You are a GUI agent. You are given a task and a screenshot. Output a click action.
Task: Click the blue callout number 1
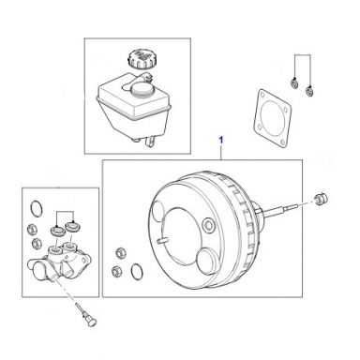(x=221, y=141)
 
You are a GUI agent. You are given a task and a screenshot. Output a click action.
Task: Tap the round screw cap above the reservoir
(x=141, y=58)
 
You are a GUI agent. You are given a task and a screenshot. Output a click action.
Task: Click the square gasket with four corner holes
(x=271, y=119)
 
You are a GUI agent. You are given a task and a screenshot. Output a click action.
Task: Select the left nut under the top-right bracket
(x=293, y=83)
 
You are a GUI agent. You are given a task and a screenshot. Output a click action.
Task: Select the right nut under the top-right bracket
(x=309, y=92)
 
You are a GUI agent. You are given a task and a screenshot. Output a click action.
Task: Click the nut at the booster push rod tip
(x=320, y=199)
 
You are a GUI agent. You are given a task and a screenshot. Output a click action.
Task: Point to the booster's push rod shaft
(x=281, y=209)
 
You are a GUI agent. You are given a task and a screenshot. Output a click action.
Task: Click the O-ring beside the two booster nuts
(x=137, y=270)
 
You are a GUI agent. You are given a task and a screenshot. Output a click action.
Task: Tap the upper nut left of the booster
(x=119, y=252)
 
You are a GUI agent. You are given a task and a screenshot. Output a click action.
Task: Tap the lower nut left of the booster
(x=117, y=270)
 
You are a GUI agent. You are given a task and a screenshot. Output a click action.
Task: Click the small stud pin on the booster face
(x=162, y=240)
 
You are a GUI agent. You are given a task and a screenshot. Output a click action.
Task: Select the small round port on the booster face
(x=208, y=224)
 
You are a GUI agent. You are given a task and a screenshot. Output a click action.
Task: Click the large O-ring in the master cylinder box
(x=37, y=209)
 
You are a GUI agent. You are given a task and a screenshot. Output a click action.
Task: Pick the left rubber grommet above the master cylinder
(x=57, y=231)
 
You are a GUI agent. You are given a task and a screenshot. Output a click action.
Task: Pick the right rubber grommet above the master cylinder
(x=72, y=226)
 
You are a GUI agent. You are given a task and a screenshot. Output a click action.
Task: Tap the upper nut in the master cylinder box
(x=32, y=229)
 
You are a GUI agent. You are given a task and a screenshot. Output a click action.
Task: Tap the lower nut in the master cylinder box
(x=37, y=243)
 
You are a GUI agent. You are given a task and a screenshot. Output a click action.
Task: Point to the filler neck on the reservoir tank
(x=142, y=89)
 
